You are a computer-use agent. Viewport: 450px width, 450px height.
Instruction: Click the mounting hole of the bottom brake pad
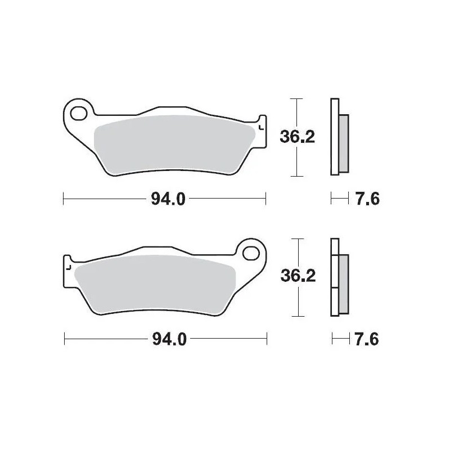tap(252, 252)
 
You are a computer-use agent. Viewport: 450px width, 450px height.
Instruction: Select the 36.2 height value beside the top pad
tap(297, 136)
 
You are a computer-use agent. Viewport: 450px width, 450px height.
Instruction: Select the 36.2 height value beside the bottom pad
tap(298, 276)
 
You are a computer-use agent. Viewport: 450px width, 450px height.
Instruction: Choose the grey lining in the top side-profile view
tap(344, 143)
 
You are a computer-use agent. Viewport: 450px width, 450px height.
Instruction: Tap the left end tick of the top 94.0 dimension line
tap(64, 198)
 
